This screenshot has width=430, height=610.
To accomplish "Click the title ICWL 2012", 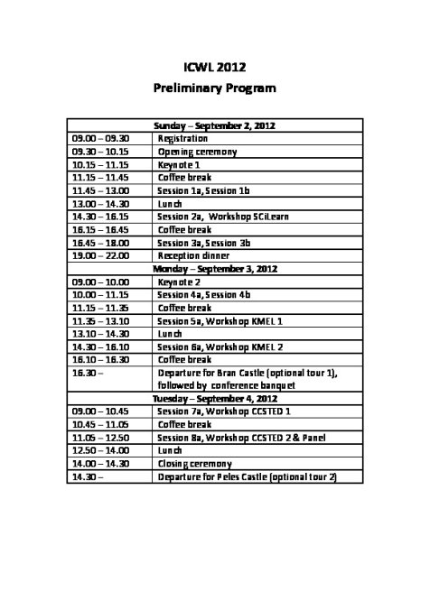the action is click(214, 67).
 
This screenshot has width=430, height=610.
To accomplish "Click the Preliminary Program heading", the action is click(214, 89).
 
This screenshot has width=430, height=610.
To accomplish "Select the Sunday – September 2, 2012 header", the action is click(214, 125).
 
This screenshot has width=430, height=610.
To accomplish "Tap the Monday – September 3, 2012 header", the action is click(214, 269).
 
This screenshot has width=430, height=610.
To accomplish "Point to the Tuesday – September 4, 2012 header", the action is click(214, 399).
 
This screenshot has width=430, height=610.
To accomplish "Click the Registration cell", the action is click(182, 139).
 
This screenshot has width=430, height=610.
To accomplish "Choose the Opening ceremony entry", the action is click(197, 152).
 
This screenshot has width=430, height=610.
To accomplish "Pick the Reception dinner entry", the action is click(193, 256).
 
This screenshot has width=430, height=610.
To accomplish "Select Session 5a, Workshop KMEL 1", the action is click(220, 321).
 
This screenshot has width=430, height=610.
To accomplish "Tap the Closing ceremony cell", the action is click(194, 464).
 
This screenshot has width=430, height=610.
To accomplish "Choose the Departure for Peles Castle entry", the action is click(247, 476).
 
